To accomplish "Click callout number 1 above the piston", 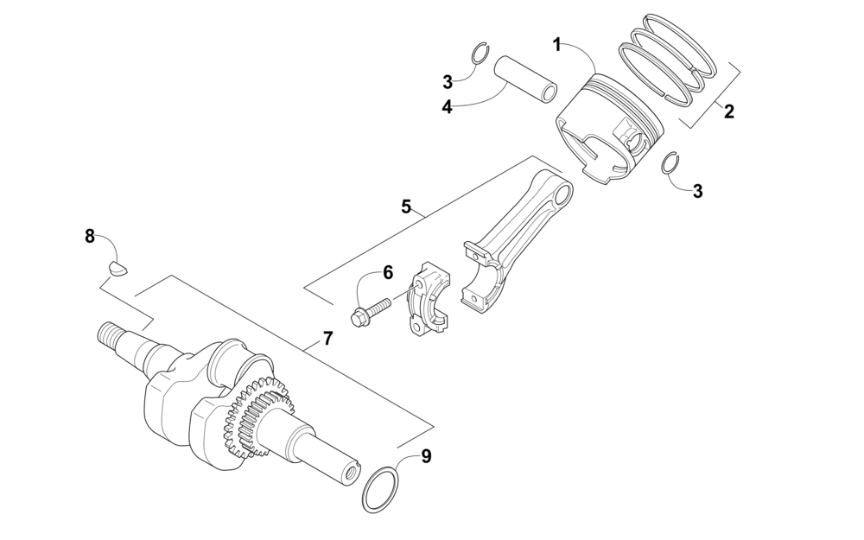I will click(x=557, y=44).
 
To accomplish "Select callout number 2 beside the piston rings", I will click(x=729, y=111).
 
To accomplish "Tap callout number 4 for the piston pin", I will click(x=448, y=107).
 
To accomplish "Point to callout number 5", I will click(x=406, y=206).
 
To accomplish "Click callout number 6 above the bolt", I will click(x=388, y=272).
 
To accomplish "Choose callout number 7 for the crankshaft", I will click(x=327, y=339).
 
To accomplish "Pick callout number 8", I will click(x=90, y=235).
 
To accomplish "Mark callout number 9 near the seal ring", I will click(x=426, y=456).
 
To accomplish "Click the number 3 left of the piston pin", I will click(x=448, y=82).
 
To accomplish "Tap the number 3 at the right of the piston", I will click(x=697, y=191).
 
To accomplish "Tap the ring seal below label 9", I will click(x=381, y=490).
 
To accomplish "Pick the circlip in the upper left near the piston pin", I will click(x=483, y=54).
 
